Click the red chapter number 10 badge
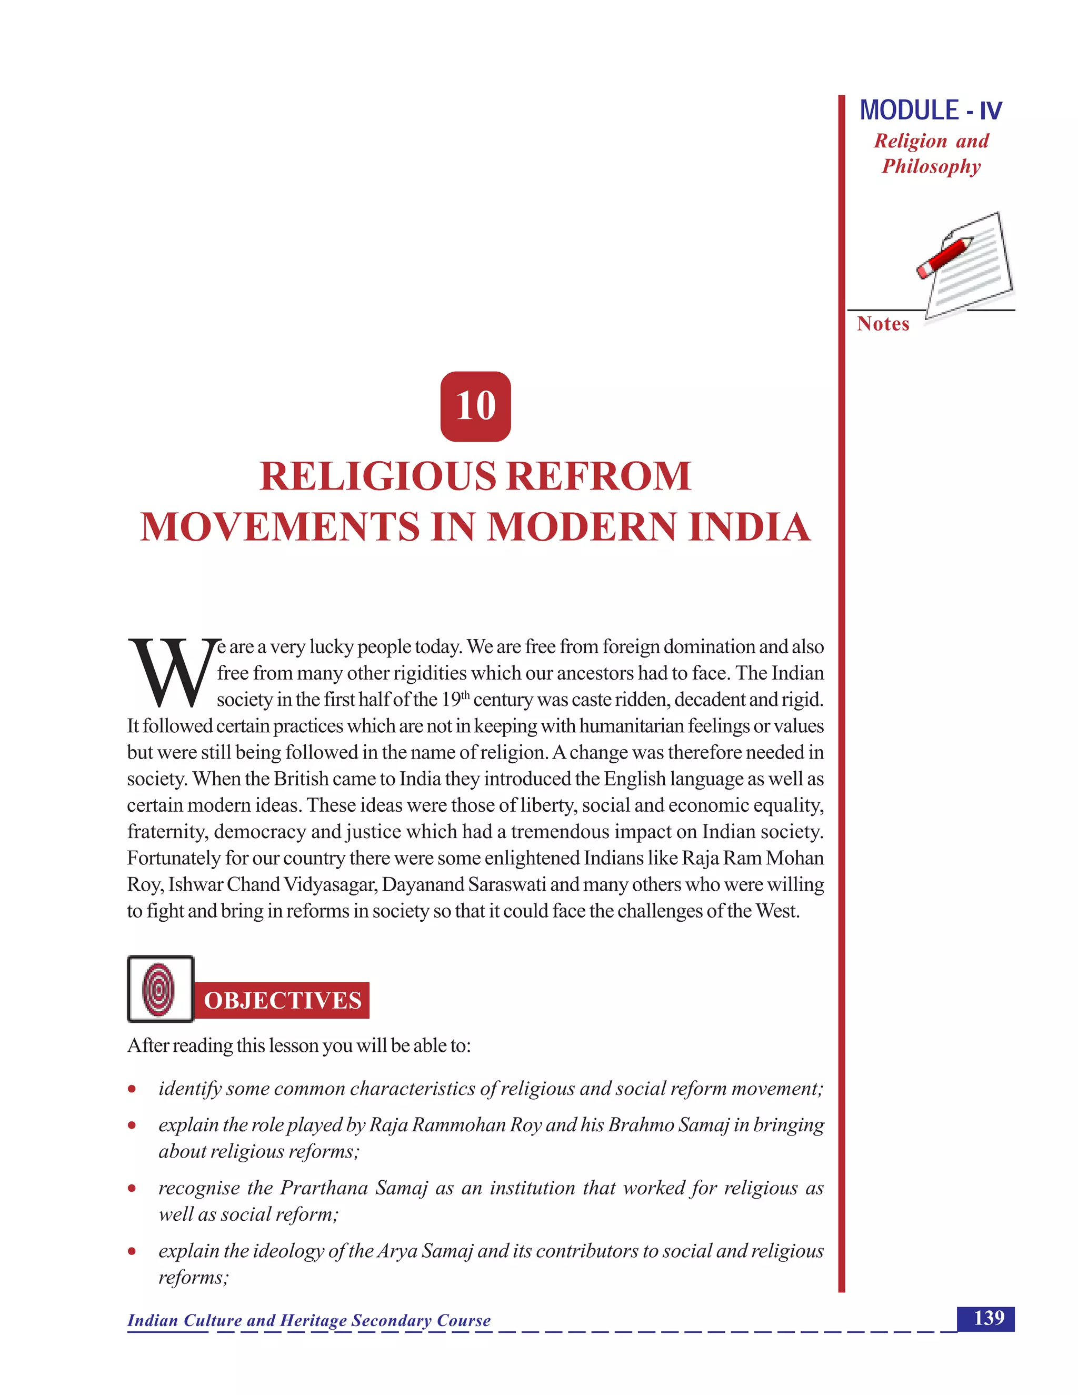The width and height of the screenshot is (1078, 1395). tap(475, 406)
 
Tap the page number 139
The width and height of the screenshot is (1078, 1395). tap(989, 1318)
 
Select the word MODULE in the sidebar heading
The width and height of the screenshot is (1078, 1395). tap(909, 111)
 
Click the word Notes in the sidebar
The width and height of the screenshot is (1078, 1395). tap(883, 324)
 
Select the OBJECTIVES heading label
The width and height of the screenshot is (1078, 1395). tap(282, 1000)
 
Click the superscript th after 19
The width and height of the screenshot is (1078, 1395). tap(465, 695)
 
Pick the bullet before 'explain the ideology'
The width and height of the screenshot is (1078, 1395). tap(132, 1251)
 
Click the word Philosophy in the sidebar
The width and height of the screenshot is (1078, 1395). tap(931, 167)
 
